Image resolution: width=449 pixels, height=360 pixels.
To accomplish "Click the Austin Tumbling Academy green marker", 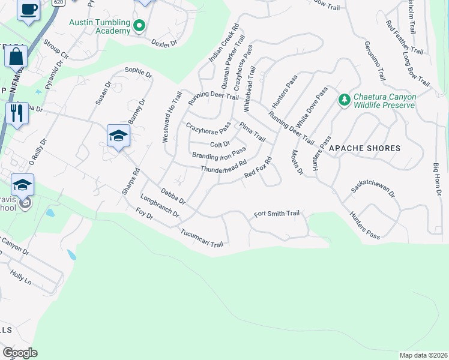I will click(139, 26).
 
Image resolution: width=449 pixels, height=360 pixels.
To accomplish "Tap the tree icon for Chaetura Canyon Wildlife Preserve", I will click(345, 100).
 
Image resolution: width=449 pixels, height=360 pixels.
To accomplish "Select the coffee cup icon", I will click(29, 10).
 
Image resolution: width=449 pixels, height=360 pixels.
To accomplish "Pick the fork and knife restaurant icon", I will click(16, 113).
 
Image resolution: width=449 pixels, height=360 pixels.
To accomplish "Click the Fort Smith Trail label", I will click(276, 214).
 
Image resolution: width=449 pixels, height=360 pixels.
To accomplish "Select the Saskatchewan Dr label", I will click(373, 191).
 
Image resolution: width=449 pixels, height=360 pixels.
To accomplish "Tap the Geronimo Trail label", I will click(374, 61).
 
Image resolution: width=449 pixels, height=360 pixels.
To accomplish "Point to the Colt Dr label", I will click(220, 144).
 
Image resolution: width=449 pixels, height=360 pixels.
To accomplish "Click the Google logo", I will click(19, 353).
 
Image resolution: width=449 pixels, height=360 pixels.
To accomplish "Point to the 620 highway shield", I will click(58, 2).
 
